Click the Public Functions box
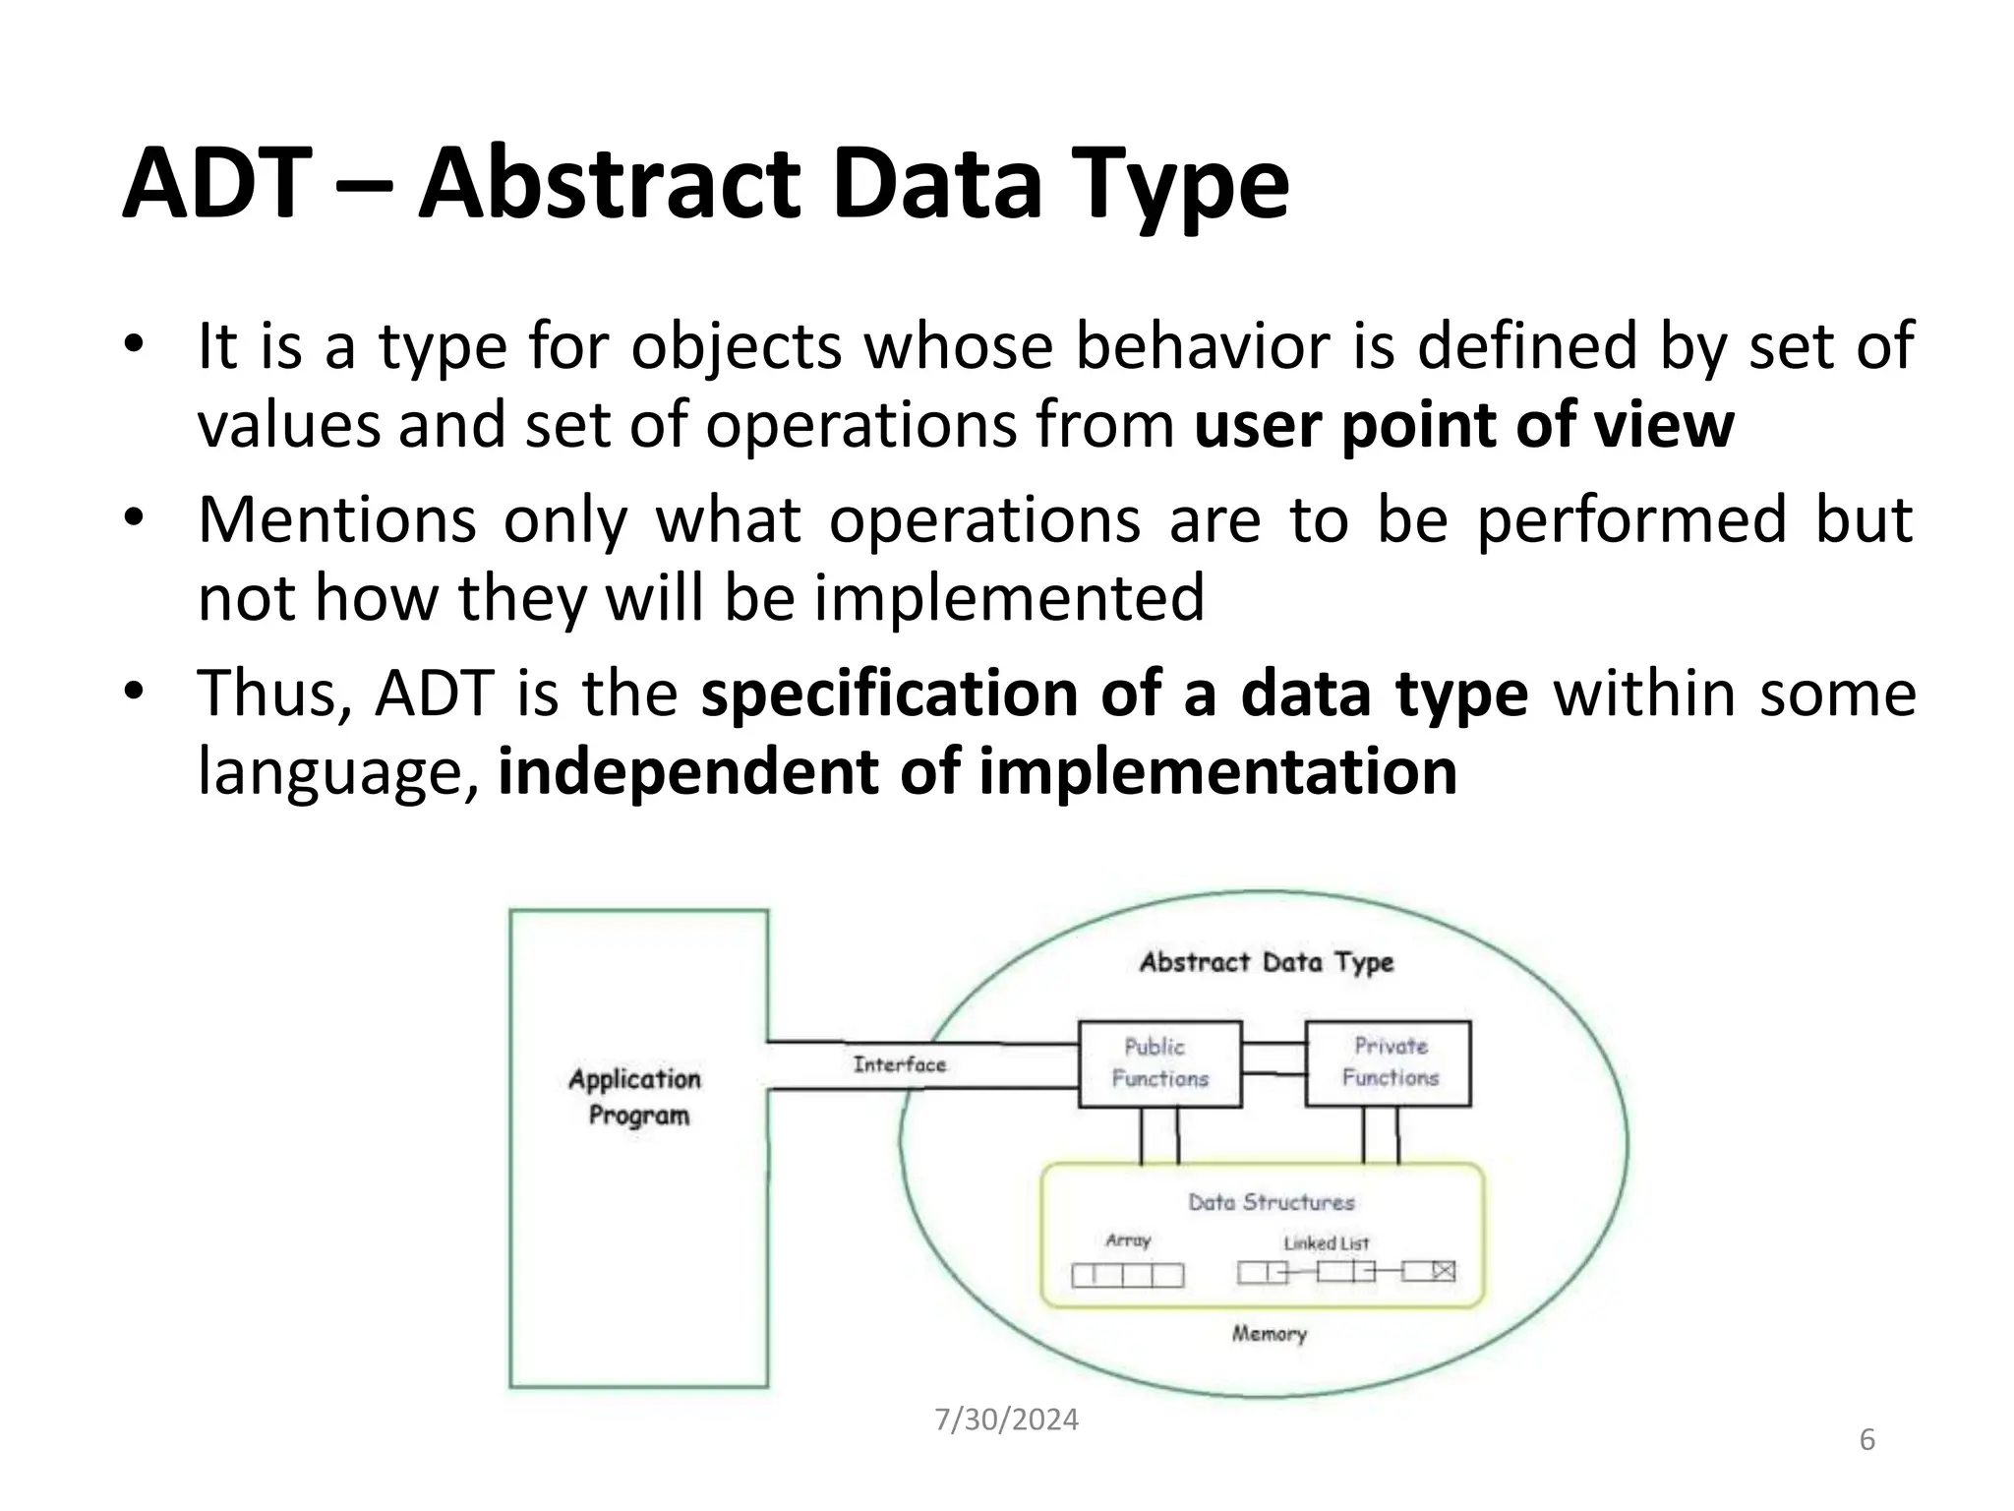pyautogui.click(x=1159, y=1063)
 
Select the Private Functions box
pyautogui.click(x=1388, y=1062)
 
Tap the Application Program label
pyautogui.click(x=636, y=1097)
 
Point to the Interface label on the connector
pyautogui.click(x=899, y=1064)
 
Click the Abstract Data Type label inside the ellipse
pyautogui.click(x=1266, y=962)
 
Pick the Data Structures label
pyautogui.click(x=1271, y=1202)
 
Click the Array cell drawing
pyautogui.click(x=1127, y=1275)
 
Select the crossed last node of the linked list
pyautogui.click(x=1442, y=1272)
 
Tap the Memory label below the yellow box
pyautogui.click(x=1269, y=1334)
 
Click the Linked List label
pyautogui.click(x=1326, y=1243)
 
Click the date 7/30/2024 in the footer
pyautogui.click(x=1006, y=1420)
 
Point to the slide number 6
pyautogui.click(x=1866, y=1440)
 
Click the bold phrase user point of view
pyautogui.click(x=1463, y=425)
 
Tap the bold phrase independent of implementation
pyautogui.click(x=977, y=771)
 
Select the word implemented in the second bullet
pyautogui.click(x=1008, y=597)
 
